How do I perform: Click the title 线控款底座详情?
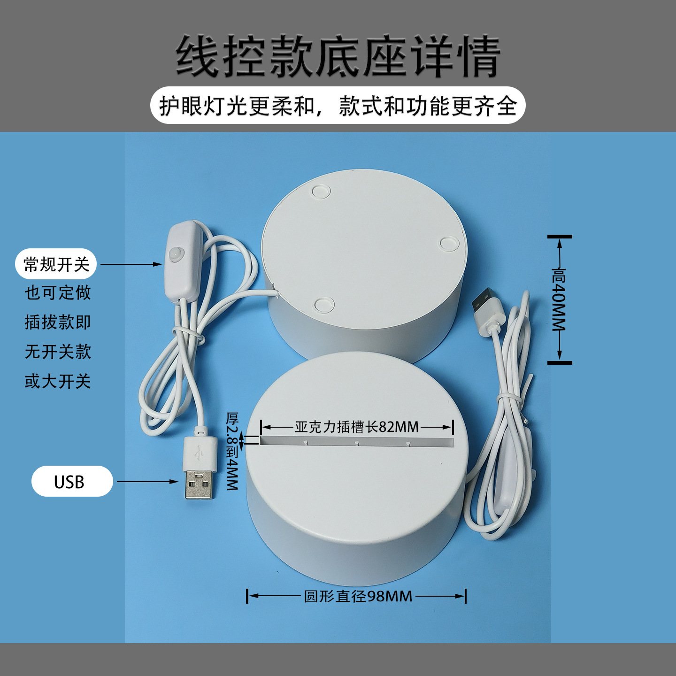[338, 56]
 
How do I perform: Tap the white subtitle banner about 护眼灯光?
[338, 106]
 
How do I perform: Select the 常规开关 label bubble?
[56, 264]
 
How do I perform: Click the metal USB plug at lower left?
[200, 484]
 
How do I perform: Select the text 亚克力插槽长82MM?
[357, 427]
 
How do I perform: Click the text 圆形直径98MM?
[358, 596]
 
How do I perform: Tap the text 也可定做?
[58, 293]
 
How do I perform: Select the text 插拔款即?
[58, 323]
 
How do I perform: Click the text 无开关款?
[58, 352]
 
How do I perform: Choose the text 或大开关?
[58, 382]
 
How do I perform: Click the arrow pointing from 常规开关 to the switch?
[131, 264]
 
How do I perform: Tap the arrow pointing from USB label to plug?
[147, 482]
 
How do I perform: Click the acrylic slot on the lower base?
[357, 441]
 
